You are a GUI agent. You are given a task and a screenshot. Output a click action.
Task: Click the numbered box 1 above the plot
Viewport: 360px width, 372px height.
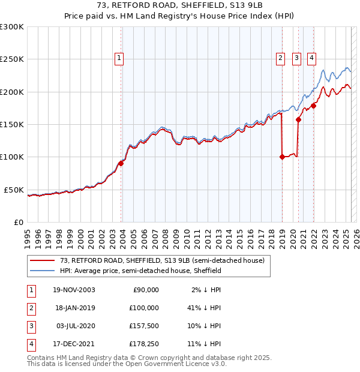coord(119,58)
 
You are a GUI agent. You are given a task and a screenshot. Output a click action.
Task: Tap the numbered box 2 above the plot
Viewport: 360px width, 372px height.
coord(280,58)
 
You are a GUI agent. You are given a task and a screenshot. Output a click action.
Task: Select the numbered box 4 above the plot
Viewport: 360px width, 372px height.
coord(312,58)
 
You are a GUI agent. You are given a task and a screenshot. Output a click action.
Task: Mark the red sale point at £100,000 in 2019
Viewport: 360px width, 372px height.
coord(282,157)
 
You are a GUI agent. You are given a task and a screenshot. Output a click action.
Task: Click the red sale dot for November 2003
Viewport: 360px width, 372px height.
coord(121,163)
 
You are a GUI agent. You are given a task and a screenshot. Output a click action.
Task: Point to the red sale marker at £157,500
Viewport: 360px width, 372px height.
coord(298,119)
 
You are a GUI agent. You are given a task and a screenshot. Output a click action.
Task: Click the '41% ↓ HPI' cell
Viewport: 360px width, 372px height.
coord(203,308)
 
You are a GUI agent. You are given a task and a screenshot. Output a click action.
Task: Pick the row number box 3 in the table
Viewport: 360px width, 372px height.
coord(31,326)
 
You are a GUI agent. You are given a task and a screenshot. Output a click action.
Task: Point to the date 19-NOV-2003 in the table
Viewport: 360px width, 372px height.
coord(74,290)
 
